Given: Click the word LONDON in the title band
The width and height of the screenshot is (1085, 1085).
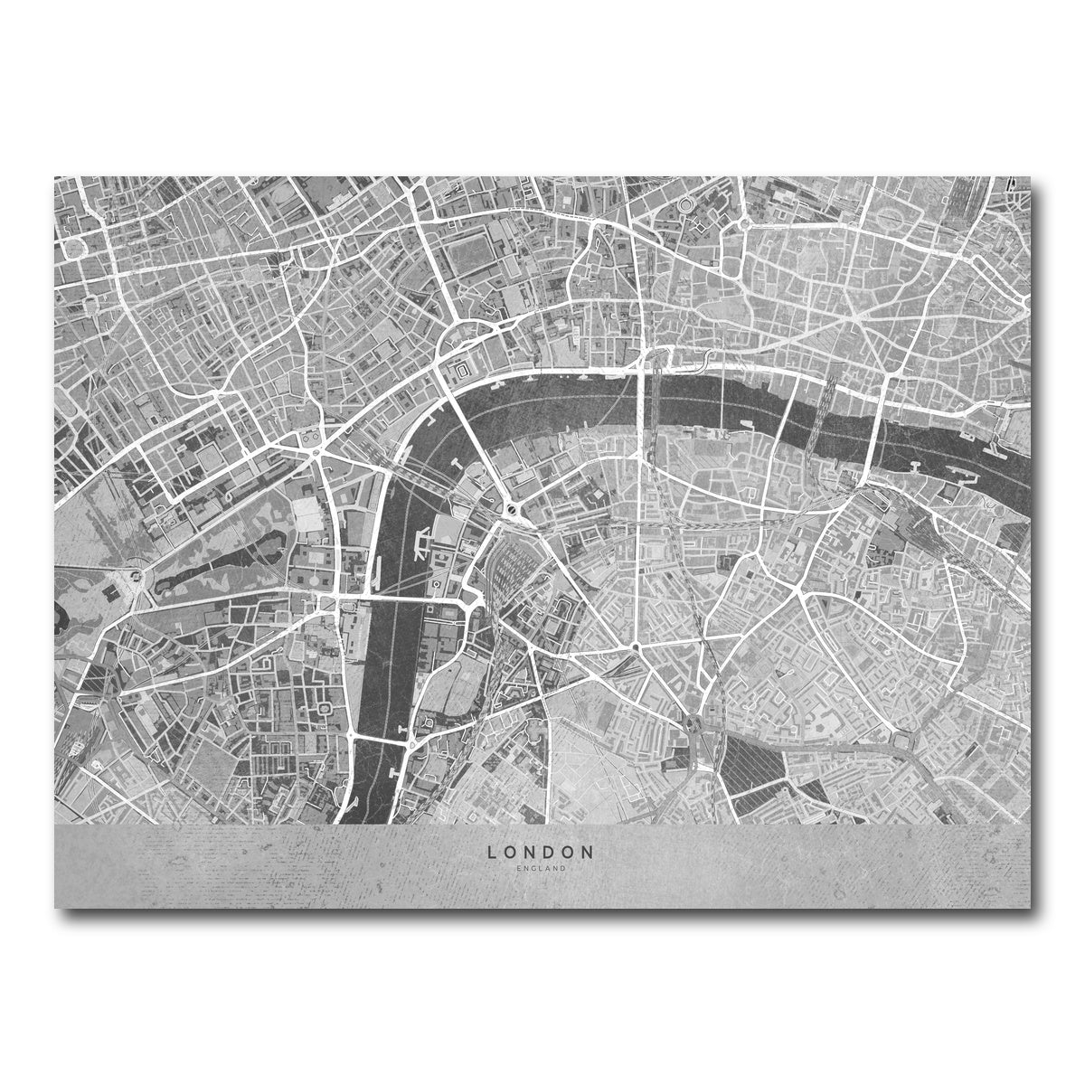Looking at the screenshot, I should [x=542, y=852].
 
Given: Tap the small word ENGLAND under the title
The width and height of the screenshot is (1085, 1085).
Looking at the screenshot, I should [x=542, y=869].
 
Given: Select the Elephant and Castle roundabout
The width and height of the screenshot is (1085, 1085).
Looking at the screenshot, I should [x=694, y=724].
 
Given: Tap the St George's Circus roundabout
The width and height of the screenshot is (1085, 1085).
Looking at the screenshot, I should [x=636, y=647].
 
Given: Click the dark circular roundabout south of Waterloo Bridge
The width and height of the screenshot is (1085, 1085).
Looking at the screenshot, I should [x=513, y=509].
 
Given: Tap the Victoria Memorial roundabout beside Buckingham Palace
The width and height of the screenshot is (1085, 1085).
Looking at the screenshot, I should [x=137, y=577].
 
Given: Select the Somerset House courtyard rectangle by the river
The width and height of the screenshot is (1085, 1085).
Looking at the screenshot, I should [x=462, y=371].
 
